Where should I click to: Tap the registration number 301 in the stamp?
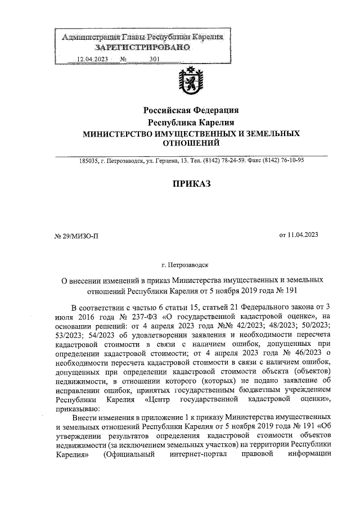click(x=154, y=60)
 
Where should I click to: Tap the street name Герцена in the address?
click(x=178, y=160)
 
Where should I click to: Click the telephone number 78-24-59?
click(x=244, y=160)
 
